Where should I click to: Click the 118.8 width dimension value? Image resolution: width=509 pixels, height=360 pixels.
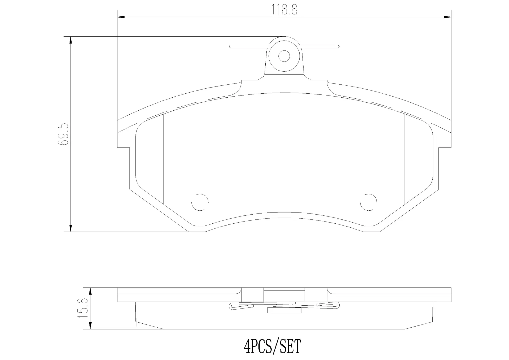pos(284,10)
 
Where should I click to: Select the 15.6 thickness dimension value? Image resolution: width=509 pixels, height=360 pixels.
pos(83,308)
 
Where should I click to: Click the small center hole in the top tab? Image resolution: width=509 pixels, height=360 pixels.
pos(284,56)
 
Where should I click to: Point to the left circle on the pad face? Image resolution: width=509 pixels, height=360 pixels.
pos(200,202)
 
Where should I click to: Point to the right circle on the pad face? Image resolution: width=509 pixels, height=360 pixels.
pos(368,202)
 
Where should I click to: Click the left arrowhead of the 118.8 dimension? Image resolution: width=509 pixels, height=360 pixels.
pos(121,17)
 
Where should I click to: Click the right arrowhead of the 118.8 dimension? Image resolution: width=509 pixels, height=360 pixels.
pos(448,17)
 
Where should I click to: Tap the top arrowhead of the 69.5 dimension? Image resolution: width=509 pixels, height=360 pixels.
pos(71,40)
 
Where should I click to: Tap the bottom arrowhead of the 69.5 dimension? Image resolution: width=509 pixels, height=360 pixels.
pos(71,228)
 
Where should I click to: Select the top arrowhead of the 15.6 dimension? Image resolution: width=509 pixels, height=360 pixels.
pos(90,291)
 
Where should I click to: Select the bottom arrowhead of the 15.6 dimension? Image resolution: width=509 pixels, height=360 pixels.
pos(90,326)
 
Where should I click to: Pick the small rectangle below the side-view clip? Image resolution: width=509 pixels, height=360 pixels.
pos(284,310)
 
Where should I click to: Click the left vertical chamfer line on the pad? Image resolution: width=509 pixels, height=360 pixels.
pos(164,159)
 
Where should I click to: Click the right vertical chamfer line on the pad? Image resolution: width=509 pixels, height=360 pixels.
pos(405,159)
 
